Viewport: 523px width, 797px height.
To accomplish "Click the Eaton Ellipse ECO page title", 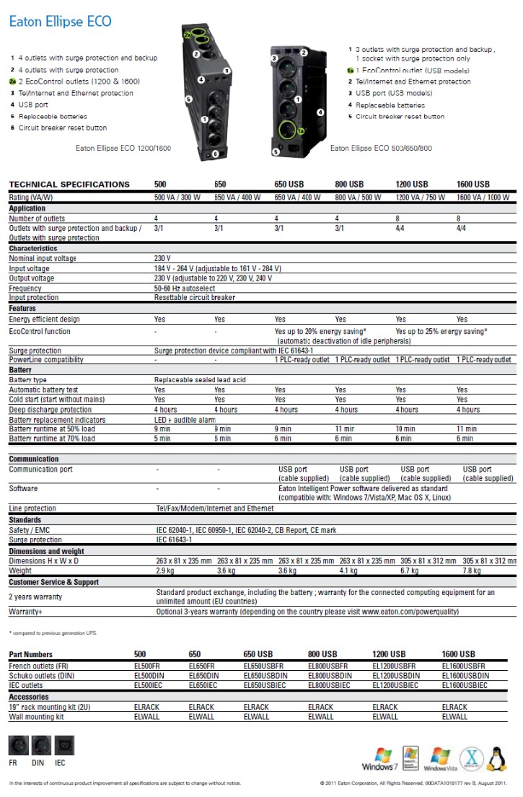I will [60, 22].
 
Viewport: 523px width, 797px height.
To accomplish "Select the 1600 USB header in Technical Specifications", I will [473, 184].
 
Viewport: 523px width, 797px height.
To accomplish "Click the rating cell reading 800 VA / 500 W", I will [359, 197].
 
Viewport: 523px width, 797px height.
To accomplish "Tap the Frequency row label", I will [25, 288].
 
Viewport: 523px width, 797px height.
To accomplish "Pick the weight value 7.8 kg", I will [473, 571].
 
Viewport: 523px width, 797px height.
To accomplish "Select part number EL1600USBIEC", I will [465, 685].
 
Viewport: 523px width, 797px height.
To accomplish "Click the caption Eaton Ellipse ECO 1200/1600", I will [123, 148].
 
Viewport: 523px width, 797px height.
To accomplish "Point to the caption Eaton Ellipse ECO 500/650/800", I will [381, 148].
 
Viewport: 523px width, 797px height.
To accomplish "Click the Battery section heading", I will [20, 369].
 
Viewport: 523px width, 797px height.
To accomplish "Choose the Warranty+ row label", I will [26, 612].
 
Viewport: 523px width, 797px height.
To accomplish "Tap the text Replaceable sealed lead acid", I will [200, 379].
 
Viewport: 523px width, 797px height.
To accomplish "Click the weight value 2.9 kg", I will [165, 571].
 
